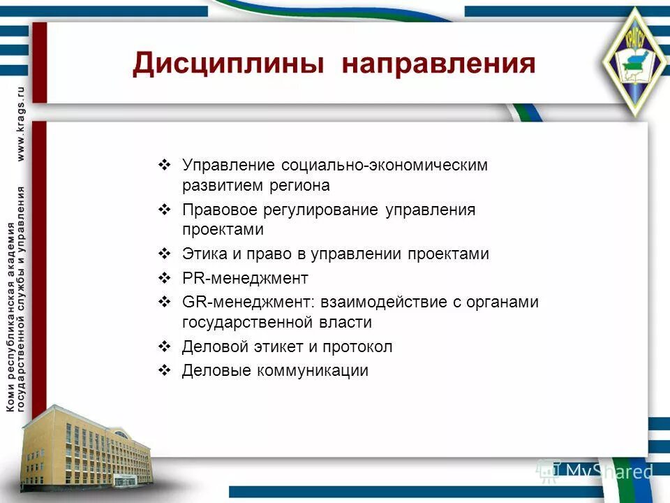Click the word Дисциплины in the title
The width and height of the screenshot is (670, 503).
pos(228,64)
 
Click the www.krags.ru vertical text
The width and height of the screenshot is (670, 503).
pos(21,125)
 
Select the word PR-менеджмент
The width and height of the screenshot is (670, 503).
pos(244,278)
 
